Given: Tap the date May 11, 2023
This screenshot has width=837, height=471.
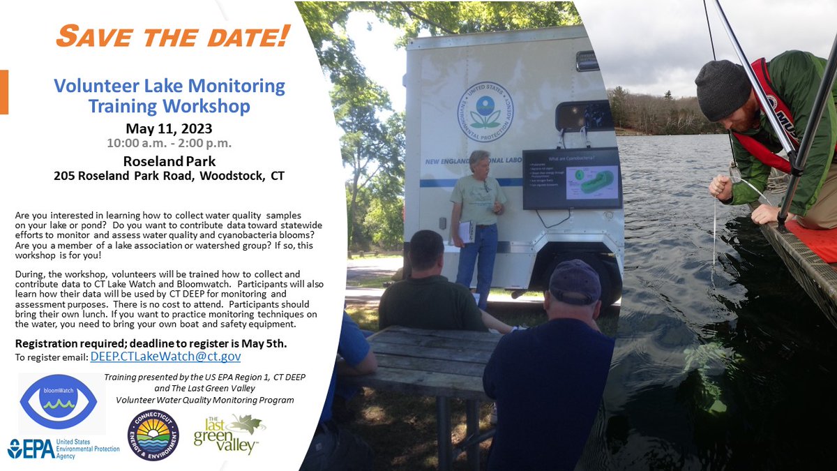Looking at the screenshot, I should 169,128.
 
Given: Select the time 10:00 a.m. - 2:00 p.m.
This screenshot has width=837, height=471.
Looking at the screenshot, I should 169,144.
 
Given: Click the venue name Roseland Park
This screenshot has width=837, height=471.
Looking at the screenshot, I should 169,160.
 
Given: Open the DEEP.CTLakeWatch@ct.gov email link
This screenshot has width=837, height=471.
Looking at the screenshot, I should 165,356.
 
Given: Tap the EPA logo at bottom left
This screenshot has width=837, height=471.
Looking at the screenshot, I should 63,448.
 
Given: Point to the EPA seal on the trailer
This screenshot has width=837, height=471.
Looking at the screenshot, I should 485,112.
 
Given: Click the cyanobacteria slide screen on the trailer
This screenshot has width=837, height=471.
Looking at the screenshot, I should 572,179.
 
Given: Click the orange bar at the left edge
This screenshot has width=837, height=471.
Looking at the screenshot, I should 4,91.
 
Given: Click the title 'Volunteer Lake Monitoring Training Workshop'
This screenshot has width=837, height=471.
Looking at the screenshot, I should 169,96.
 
